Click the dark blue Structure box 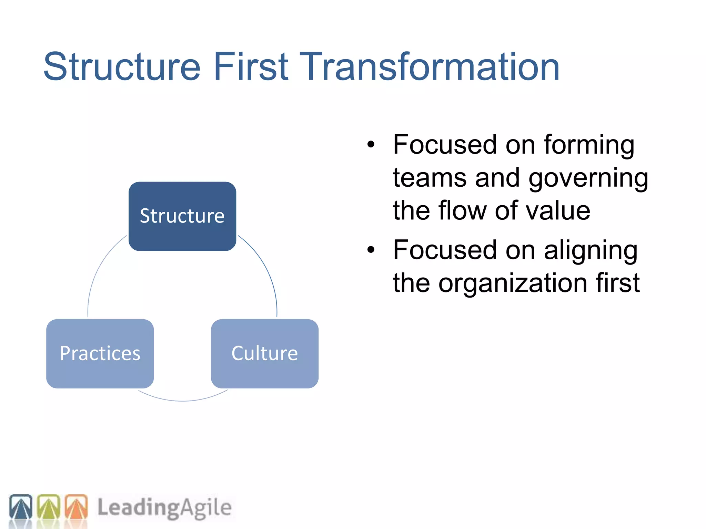pyautogui.click(x=182, y=216)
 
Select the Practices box pyautogui.click(x=100, y=354)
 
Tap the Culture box pyautogui.click(x=264, y=354)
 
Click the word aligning pyautogui.click(x=591, y=251)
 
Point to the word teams pyautogui.click(x=430, y=178)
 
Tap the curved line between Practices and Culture pyautogui.click(x=182, y=401)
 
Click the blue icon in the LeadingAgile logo pyautogui.click(x=21, y=507)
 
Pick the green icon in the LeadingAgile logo pyautogui.click(x=48, y=507)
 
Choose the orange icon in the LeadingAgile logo pyautogui.click(x=76, y=507)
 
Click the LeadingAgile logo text pyautogui.click(x=164, y=508)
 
